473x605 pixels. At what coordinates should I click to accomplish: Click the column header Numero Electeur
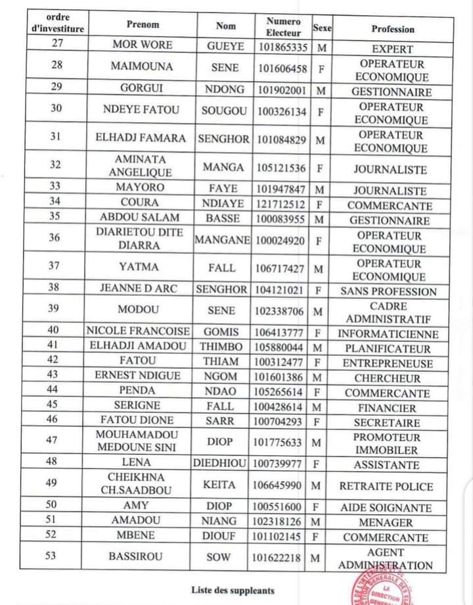point(283,26)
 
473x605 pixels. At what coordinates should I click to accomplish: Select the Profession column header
point(393,29)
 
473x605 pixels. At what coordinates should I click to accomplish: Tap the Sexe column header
point(323,28)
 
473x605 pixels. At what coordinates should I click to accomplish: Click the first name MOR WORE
point(143,45)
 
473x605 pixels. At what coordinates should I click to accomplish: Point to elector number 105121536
point(282,167)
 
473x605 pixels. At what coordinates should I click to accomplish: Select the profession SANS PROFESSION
point(388,291)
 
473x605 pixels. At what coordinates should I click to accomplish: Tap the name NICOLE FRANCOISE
point(138,333)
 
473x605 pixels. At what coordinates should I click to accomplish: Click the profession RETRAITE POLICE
point(386,487)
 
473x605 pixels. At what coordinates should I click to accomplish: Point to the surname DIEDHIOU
point(219,464)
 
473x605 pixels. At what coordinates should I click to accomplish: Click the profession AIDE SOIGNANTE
point(386,508)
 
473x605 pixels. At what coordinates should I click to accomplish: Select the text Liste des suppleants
point(233,590)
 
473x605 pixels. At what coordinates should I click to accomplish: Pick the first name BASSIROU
point(137,557)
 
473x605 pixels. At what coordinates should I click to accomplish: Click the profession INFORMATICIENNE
point(388,333)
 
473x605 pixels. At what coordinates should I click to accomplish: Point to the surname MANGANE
point(222,240)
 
